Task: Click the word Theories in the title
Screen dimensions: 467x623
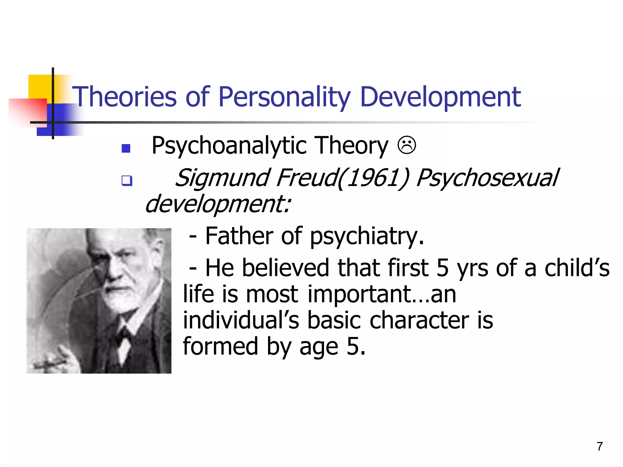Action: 124,97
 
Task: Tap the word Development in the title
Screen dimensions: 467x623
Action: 440,97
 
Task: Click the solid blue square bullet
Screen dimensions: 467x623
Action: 126,148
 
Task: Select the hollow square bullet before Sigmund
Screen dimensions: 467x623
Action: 127,181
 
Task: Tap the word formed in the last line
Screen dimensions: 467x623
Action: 220,346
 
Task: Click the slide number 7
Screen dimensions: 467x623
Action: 600,446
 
